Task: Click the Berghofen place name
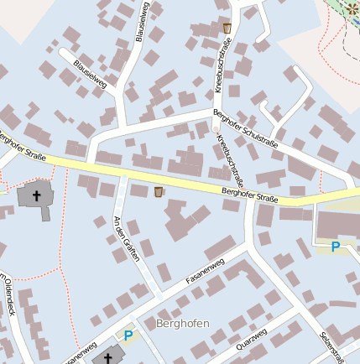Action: click(x=182, y=323)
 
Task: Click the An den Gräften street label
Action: click(x=126, y=238)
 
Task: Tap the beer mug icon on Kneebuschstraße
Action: click(x=227, y=28)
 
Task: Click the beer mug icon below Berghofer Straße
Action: click(x=159, y=192)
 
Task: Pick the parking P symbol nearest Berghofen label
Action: click(x=128, y=335)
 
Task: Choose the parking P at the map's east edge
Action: click(x=336, y=247)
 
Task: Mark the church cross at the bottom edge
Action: click(x=107, y=358)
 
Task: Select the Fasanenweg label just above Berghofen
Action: click(x=205, y=271)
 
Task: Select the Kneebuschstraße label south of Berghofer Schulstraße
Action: click(x=229, y=160)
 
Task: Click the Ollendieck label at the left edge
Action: click(x=8, y=294)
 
